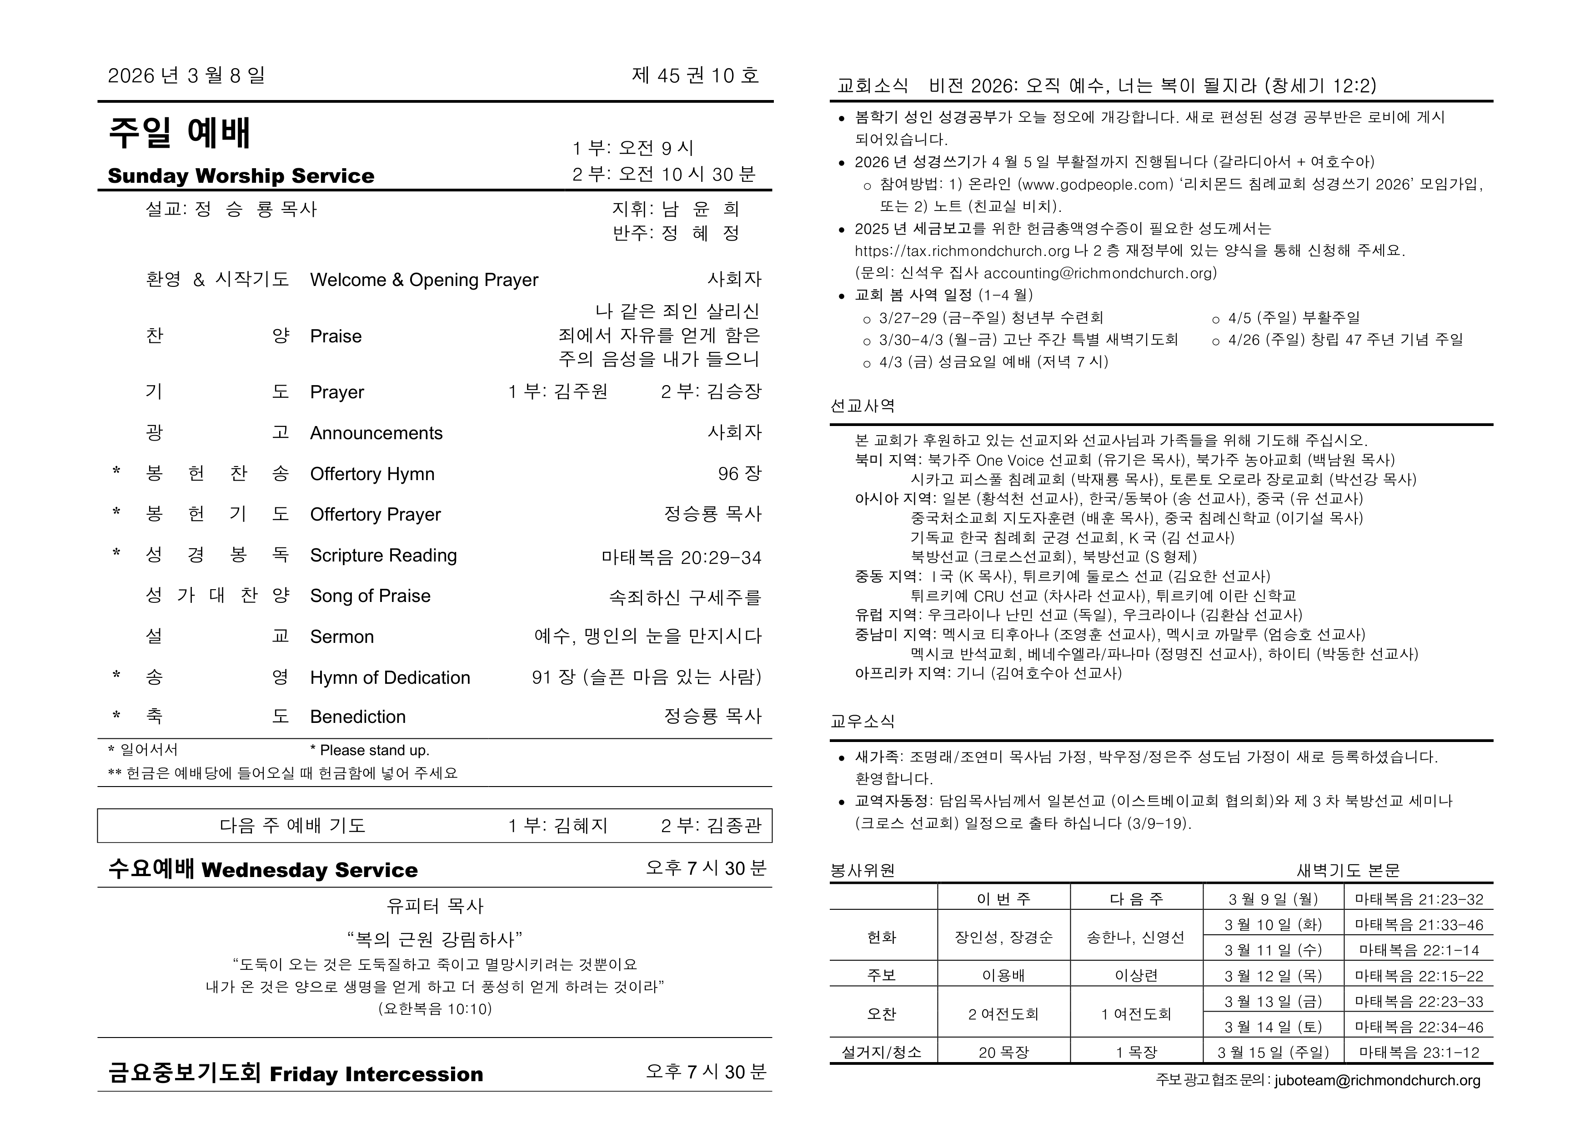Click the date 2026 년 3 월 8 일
click(x=186, y=76)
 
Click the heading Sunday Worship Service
click(x=241, y=176)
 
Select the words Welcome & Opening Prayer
click(x=424, y=280)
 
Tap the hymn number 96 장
click(x=739, y=474)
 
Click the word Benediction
click(x=358, y=717)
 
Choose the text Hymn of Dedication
click(x=390, y=677)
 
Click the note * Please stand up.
click(x=370, y=750)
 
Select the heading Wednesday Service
click(x=310, y=870)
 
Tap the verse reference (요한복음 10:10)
click(x=435, y=1008)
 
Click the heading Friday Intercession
click(x=376, y=1074)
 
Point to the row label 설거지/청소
click(x=882, y=1052)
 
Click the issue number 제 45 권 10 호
click(x=695, y=76)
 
